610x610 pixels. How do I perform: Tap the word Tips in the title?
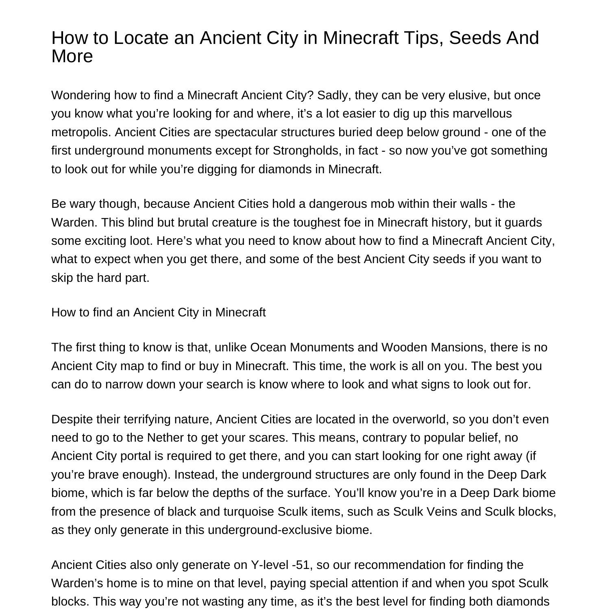pyautogui.click(x=425, y=38)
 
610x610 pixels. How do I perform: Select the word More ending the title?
pyautogui.click(x=72, y=56)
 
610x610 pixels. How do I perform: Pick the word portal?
pyautogui.click(x=135, y=456)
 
